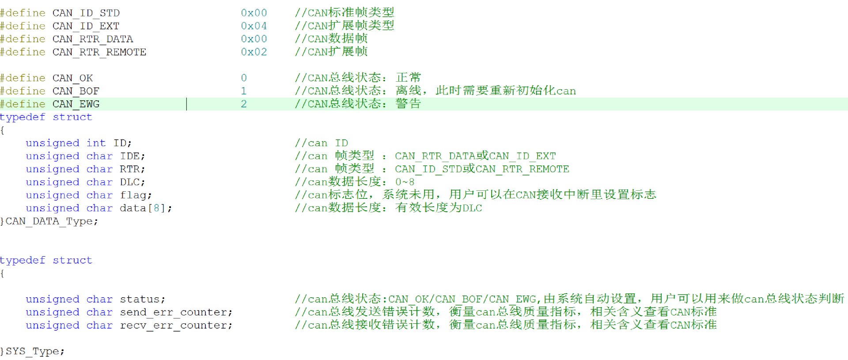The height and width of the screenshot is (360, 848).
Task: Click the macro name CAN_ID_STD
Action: pyautogui.click(x=86, y=13)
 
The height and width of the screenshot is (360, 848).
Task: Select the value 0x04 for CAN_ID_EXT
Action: pyautogui.click(x=254, y=26)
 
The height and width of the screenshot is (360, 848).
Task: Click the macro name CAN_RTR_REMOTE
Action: pyautogui.click(x=99, y=52)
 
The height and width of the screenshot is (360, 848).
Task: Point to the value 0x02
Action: pyautogui.click(x=254, y=52)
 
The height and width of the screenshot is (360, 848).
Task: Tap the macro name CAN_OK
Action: pyautogui.click(x=73, y=78)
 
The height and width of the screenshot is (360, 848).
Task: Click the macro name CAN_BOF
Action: pyautogui.click(x=76, y=91)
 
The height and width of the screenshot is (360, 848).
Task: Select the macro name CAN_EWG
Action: pyautogui.click(x=76, y=104)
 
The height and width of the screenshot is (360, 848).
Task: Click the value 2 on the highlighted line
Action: pyautogui.click(x=244, y=104)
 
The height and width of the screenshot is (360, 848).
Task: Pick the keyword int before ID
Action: pyautogui.click(x=96, y=143)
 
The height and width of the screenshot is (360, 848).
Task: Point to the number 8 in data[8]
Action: pyautogui.click(x=156, y=208)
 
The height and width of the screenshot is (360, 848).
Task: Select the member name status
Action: pyautogui.click(x=140, y=299)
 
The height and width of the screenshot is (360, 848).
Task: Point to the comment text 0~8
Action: pyautogui.click(x=405, y=182)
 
